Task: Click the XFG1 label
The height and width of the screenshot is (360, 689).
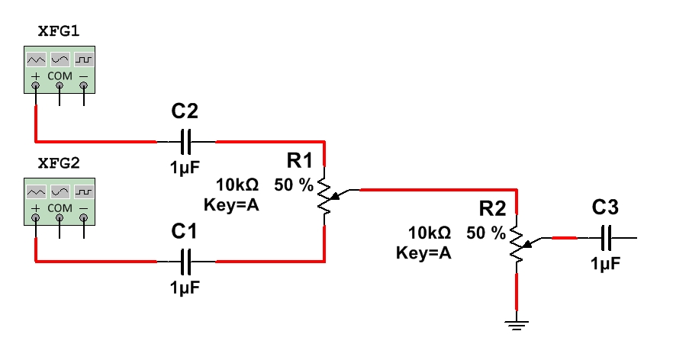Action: click(x=59, y=31)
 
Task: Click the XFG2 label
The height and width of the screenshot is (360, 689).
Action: click(x=59, y=163)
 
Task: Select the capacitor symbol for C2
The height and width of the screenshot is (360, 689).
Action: click(x=186, y=142)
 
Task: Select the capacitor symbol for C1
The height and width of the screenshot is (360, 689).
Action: click(x=186, y=262)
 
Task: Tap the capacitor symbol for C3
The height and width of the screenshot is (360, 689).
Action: click(x=607, y=239)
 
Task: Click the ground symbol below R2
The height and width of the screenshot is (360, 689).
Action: click(x=517, y=324)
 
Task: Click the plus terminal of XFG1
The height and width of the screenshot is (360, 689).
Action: click(x=35, y=87)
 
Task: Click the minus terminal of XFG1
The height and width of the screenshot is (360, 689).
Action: click(x=83, y=87)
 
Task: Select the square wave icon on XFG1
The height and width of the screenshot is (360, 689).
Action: click(x=83, y=59)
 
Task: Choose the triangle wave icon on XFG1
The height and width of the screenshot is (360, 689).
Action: click(x=36, y=59)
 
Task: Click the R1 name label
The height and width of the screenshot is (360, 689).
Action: click(x=300, y=160)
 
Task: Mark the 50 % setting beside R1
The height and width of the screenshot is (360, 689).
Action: click(x=294, y=185)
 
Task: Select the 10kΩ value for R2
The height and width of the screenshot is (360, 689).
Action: click(x=430, y=233)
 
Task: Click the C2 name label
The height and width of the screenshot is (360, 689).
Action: click(x=185, y=112)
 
